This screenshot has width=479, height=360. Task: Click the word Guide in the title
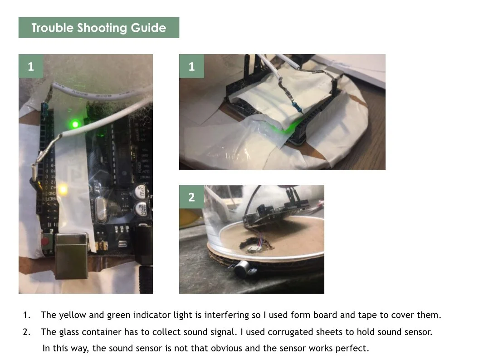(x=148, y=28)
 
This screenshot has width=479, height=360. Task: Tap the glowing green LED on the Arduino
(x=75, y=124)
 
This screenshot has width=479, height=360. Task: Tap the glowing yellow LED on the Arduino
(x=63, y=190)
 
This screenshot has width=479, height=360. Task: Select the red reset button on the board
(x=45, y=242)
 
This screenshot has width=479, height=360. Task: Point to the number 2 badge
(x=191, y=197)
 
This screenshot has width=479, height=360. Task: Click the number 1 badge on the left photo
(x=31, y=66)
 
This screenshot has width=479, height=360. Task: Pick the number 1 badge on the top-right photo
(x=191, y=66)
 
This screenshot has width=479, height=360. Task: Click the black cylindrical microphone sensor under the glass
(x=244, y=269)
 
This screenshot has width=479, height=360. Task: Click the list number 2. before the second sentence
(x=27, y=332)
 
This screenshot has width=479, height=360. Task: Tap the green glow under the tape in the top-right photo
(x=286, y=128)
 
